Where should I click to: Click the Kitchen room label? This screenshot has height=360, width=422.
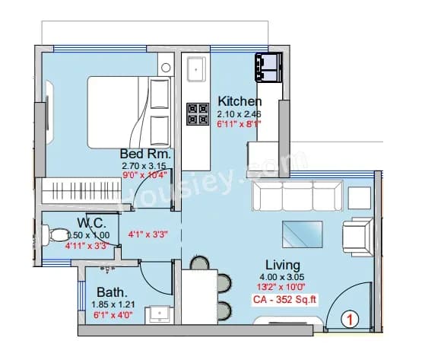[x=240, y=101]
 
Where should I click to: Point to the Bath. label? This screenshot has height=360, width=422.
[x=112, y=292]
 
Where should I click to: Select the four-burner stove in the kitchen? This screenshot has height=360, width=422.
[x=198, y=114]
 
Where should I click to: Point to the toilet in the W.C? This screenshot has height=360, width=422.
[x=55, y=236]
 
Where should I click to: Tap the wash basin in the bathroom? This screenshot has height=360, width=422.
[x=160, y=313]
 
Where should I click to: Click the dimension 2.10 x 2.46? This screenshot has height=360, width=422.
[x=240, y=113]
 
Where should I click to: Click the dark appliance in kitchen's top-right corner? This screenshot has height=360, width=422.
[x=269, y=67]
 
